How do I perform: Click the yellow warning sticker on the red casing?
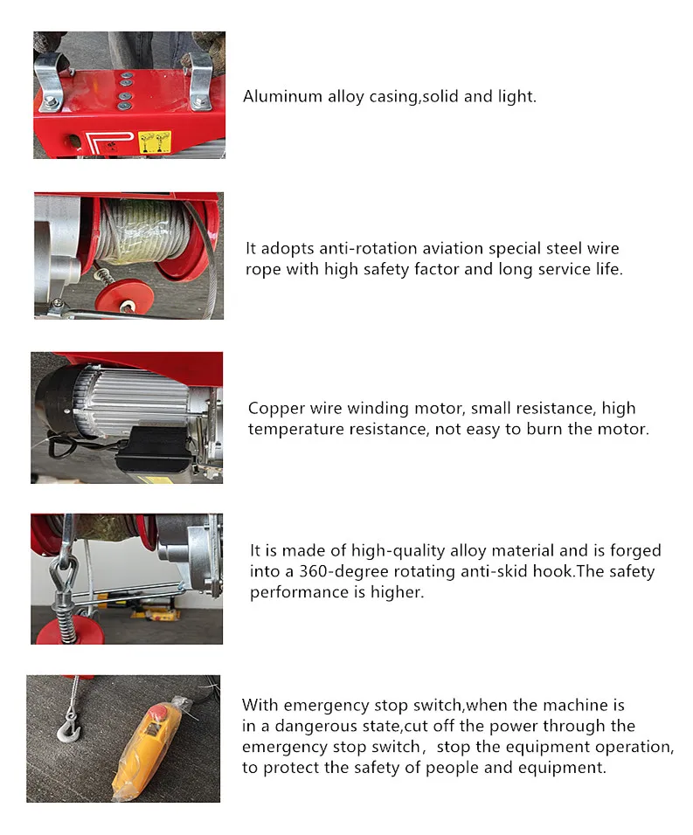(x=155, y=141)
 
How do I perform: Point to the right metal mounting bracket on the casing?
(x=200, y=79)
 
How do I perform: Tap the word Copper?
(x=274, y=408)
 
